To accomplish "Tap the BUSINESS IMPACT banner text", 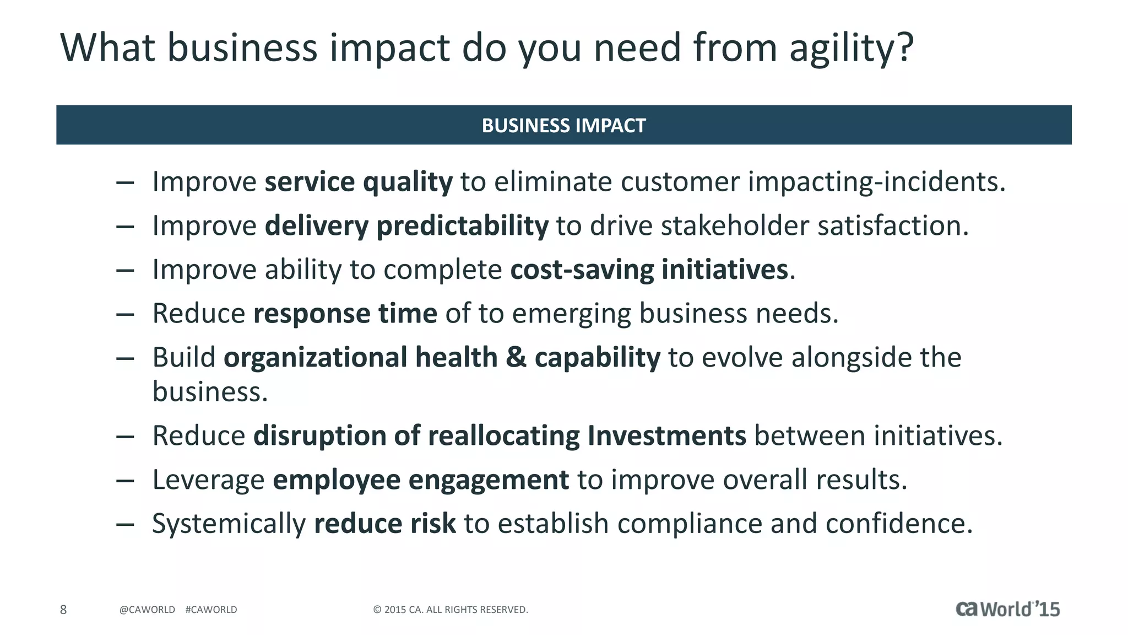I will tap(563, 126).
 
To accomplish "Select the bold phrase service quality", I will tap(359, 182).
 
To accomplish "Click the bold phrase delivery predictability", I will tap(406, 226).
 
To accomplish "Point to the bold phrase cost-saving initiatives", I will tap(649, 270).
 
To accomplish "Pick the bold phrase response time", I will tap(345, 314).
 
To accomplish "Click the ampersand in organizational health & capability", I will tap(516, 358).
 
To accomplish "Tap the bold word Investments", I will tap(666, 436).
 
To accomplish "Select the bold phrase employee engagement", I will tap(421, 480).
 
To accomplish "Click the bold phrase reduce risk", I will tap(384, 524).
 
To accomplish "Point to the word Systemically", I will tap(229, 524).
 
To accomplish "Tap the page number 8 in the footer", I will tap(63, 610).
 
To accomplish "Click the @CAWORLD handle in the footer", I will tap(147, 610).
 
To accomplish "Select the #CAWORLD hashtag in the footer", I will tap(211, 610).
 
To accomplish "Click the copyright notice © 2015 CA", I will tap(451, 610).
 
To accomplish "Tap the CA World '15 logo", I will tap(1007, 609).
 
